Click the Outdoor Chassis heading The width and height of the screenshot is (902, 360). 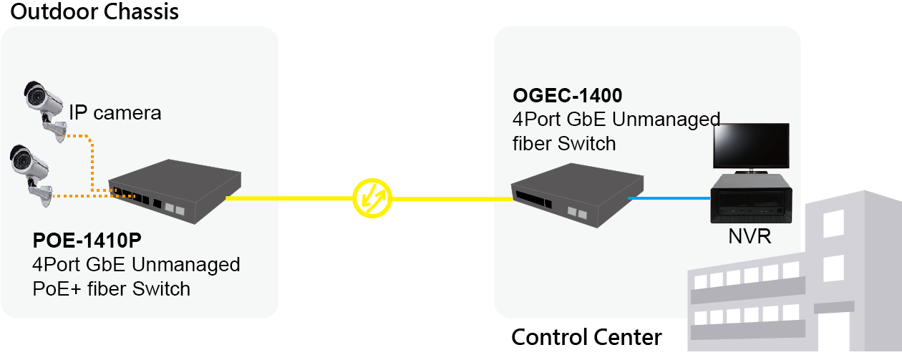(94, 12)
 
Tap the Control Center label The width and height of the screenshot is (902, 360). (586, 337)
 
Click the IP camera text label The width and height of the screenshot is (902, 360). (115, 112)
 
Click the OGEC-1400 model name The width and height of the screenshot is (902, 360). (567, 95)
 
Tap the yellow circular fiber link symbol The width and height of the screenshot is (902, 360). (372, 198)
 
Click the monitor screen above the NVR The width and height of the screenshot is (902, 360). (750, 147)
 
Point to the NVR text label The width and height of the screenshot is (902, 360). (750, 235)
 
